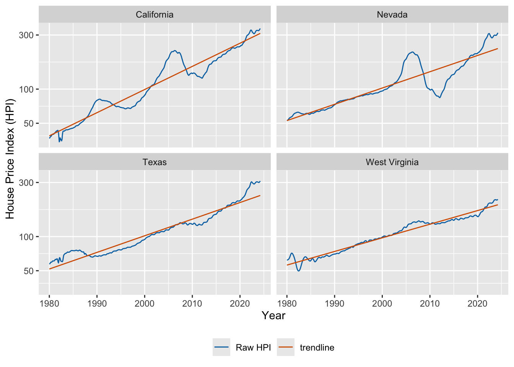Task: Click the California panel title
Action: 155,15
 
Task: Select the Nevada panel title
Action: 392,15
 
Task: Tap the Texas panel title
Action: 155,162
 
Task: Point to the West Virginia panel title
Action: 392,162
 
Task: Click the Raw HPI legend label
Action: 253,348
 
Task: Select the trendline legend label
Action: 317,348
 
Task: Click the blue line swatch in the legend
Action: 221,347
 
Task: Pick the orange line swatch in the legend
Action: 286,347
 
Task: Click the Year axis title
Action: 273,315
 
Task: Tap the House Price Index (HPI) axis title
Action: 10,159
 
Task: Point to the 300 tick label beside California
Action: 26,35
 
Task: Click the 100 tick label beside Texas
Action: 26,237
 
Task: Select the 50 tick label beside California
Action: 29,123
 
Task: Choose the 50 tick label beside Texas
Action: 29,271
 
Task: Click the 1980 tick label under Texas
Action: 49,304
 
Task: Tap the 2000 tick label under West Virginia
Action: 382,304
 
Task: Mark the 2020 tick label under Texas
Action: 240,304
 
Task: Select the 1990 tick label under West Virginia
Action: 335,304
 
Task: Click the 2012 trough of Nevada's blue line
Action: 440,98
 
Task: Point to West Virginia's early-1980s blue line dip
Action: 299,271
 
